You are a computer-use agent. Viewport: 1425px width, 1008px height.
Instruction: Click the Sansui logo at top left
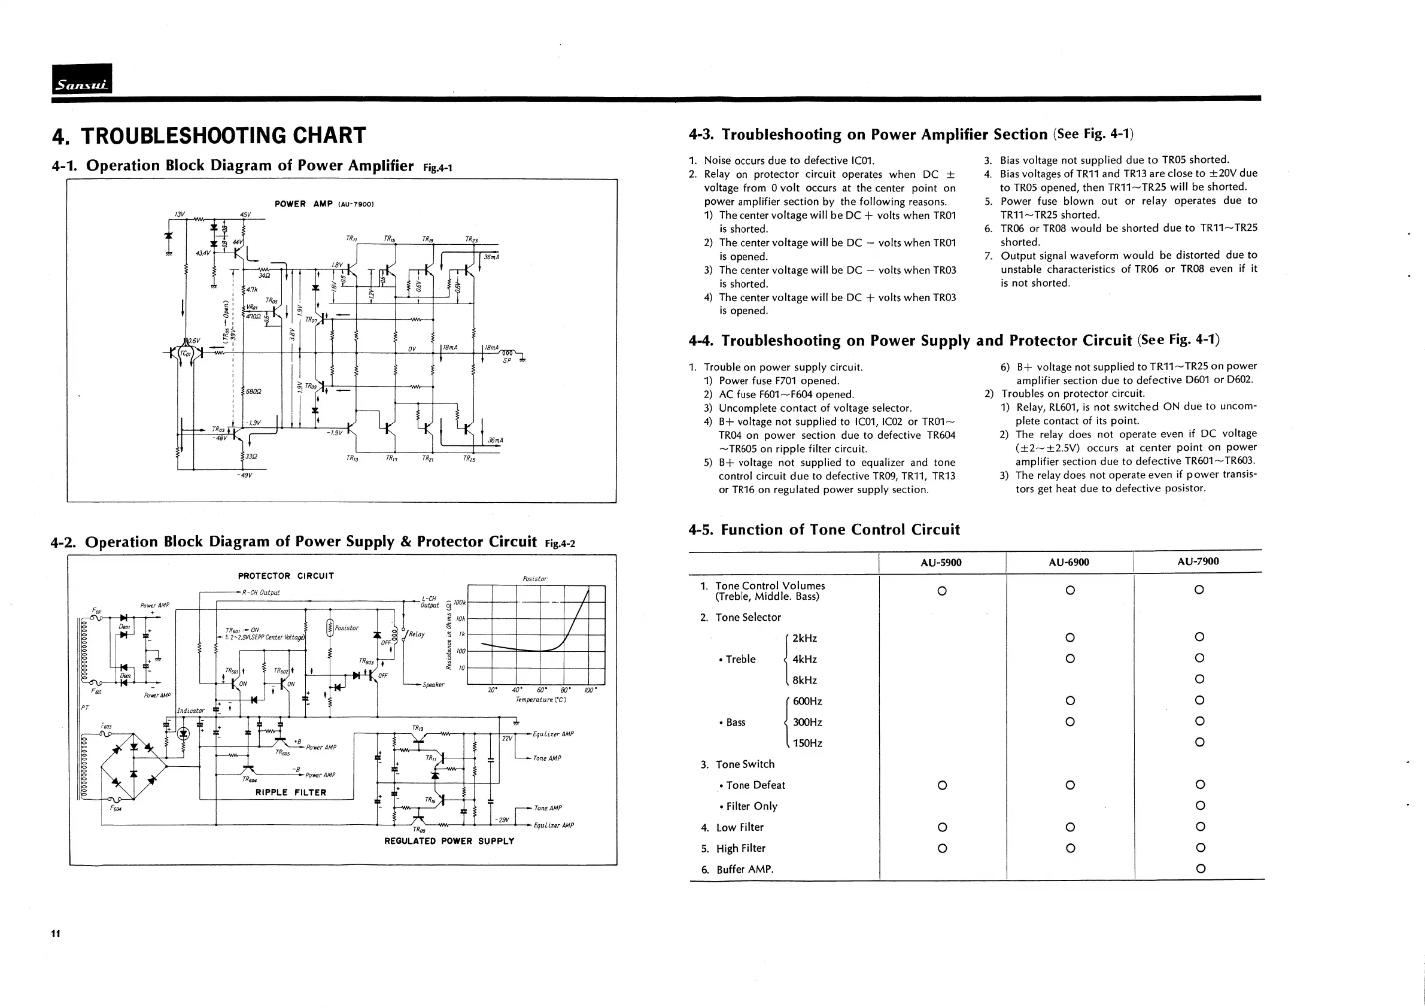coord(82,79)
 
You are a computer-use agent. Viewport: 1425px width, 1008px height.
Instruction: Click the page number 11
coord(56,934)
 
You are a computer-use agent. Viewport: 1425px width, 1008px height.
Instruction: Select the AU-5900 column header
coord(941,562)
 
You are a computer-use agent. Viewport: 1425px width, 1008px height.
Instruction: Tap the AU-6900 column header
coord(1069,562)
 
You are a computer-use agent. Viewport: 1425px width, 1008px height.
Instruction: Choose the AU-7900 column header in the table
coord(1198,561)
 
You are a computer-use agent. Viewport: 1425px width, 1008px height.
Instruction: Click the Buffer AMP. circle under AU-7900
coord(1201,869)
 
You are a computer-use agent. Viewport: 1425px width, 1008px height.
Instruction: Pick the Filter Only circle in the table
coord(1200,806)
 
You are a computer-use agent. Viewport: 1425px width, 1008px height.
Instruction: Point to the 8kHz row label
coord(804,680)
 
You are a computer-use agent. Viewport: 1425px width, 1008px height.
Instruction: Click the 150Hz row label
coord(807,743)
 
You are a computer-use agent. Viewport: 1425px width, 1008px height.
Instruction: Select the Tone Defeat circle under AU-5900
coord(941,785)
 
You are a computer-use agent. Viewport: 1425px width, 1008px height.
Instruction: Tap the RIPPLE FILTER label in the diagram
coord(290,793)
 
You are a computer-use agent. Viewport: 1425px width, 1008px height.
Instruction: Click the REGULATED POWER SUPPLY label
coord(449,841)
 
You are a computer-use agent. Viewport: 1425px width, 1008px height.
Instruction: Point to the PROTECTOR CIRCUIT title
coord(285,576)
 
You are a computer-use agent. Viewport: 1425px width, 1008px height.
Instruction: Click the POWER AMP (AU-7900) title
coord(323,204)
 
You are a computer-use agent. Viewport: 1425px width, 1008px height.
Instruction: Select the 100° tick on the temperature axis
coord(590,690)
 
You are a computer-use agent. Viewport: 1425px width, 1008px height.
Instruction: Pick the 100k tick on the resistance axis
coord(460,602)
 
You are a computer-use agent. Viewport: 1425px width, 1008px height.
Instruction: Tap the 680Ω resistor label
coord(253,391)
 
